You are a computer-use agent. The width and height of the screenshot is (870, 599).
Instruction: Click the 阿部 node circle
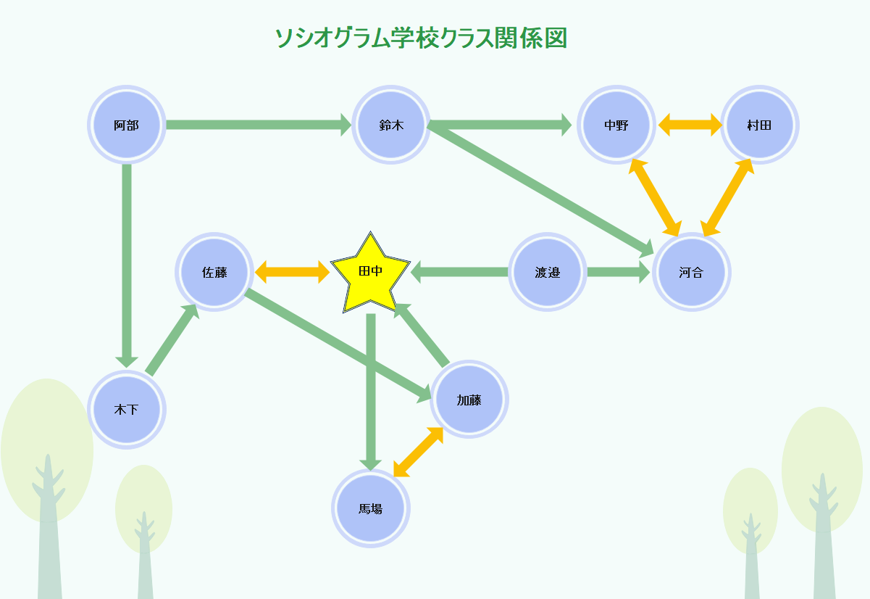click(127, 125)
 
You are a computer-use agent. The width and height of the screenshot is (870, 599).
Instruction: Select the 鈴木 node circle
click(391, 125)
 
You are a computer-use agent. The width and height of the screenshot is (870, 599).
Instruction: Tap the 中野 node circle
click(616, 125)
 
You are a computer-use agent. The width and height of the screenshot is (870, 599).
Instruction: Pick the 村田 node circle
click(759, 125)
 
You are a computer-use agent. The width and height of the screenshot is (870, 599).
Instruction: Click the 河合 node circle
click(691, 273)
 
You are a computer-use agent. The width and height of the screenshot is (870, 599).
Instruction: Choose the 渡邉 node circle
click(548, 273)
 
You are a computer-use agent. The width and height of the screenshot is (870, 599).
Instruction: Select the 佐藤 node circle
click(214, 273)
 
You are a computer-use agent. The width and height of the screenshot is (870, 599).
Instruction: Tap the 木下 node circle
click(127, 410)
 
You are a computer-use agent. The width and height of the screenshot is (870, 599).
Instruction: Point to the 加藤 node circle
click(469, 400)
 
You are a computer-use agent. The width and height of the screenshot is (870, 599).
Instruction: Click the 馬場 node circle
click(371, 508)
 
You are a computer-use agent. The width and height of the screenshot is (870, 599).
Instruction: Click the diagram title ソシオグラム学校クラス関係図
click(421, 38)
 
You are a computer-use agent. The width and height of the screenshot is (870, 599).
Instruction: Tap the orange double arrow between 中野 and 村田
click(690, 125)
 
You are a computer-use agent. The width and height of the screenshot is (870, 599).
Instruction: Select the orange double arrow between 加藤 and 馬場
click(418, 452)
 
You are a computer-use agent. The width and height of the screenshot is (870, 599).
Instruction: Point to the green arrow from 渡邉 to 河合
click(618, 273)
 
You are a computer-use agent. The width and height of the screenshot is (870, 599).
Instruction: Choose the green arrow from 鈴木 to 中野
click(500, 125)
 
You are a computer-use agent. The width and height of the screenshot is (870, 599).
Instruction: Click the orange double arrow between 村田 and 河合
click(727, 197)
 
